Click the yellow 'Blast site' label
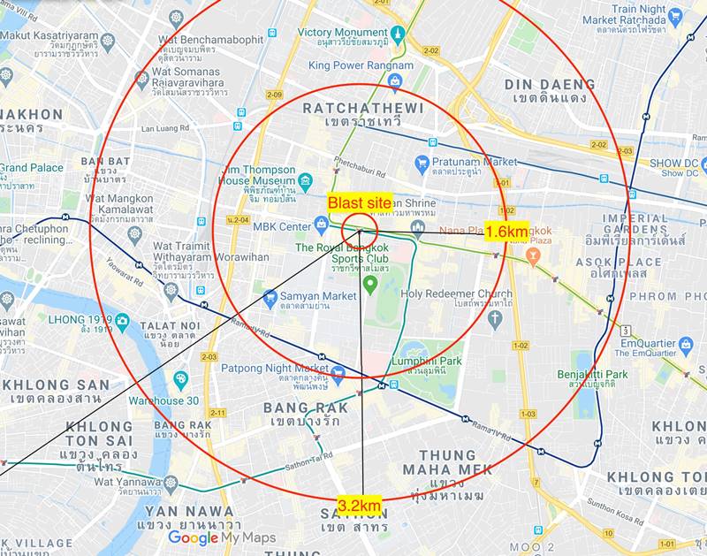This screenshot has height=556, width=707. [x=360, y=202]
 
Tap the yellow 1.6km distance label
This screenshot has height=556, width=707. [x=507, y=232]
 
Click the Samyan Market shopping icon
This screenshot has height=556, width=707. [x=270, y=296]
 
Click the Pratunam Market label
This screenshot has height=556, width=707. [x=477, y=162]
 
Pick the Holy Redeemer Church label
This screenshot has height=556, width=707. [x=456, y=293]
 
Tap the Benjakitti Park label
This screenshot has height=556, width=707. [x=592, y=375]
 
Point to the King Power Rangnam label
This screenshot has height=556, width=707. [x=361, y=65]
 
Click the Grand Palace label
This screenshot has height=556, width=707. [x=32, y=168]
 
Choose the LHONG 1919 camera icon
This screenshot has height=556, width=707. [x=122, y=319]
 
